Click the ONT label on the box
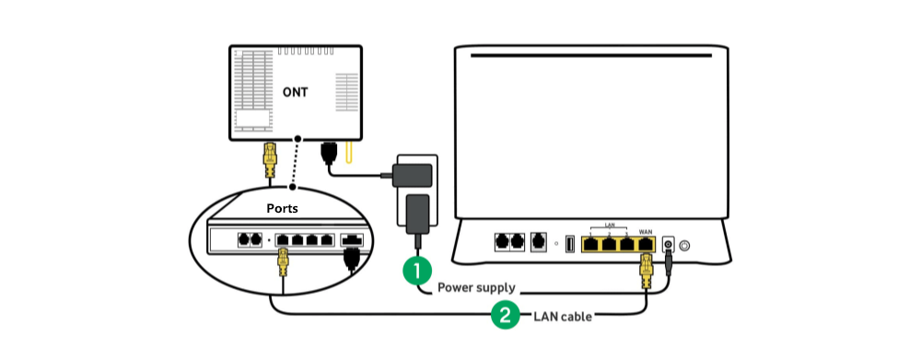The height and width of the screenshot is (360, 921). tap(296, 92)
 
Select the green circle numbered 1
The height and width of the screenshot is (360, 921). tap(417, 271)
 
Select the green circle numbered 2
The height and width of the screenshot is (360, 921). tap(504, 315)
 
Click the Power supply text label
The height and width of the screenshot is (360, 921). tap(476, 287)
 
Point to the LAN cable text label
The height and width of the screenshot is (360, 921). tap(563, 316)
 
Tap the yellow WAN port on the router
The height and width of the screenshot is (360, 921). tap(646, 243)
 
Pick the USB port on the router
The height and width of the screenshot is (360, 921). tap(569, 244)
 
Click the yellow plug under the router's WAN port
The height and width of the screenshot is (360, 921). tap(647, 271)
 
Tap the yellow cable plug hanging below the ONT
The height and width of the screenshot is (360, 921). tap(270, 161)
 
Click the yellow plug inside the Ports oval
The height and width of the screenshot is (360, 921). tap(284, 265)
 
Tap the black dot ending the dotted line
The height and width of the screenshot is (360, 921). tap(292, 187)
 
